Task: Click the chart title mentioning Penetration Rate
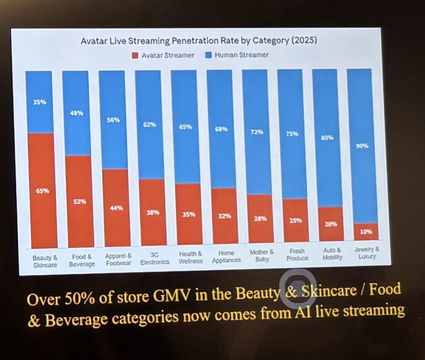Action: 199,41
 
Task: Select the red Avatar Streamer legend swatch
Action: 135,56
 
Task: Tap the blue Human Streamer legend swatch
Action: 208,55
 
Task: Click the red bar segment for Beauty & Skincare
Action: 42,191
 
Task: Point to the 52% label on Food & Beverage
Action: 79,202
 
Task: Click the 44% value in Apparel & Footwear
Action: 116,208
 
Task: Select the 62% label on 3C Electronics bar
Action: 149,125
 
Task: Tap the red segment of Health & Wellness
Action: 189,214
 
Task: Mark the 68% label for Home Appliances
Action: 221,129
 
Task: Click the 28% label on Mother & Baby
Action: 260,218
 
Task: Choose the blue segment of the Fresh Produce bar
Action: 293,134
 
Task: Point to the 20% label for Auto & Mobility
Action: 331,224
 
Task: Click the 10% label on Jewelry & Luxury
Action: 366,232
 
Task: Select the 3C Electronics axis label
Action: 154,259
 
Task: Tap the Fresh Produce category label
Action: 297,255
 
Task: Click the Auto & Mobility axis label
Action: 332,254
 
